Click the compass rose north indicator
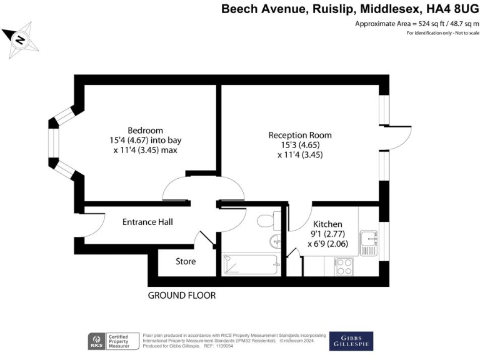click(x=20, y=40)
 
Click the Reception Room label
click(x=300, y=135)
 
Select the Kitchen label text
click(x=328, y=223)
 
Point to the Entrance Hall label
click(x=147, y=222)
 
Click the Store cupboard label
click(x=185, y=261)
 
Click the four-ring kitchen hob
click(x=344, y=267)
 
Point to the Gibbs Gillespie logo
click(x=351, y=341)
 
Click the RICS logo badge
click(x=96, y=341)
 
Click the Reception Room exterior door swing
click(x=397, y=137)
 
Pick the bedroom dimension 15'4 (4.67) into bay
click(x=145, y=141)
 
